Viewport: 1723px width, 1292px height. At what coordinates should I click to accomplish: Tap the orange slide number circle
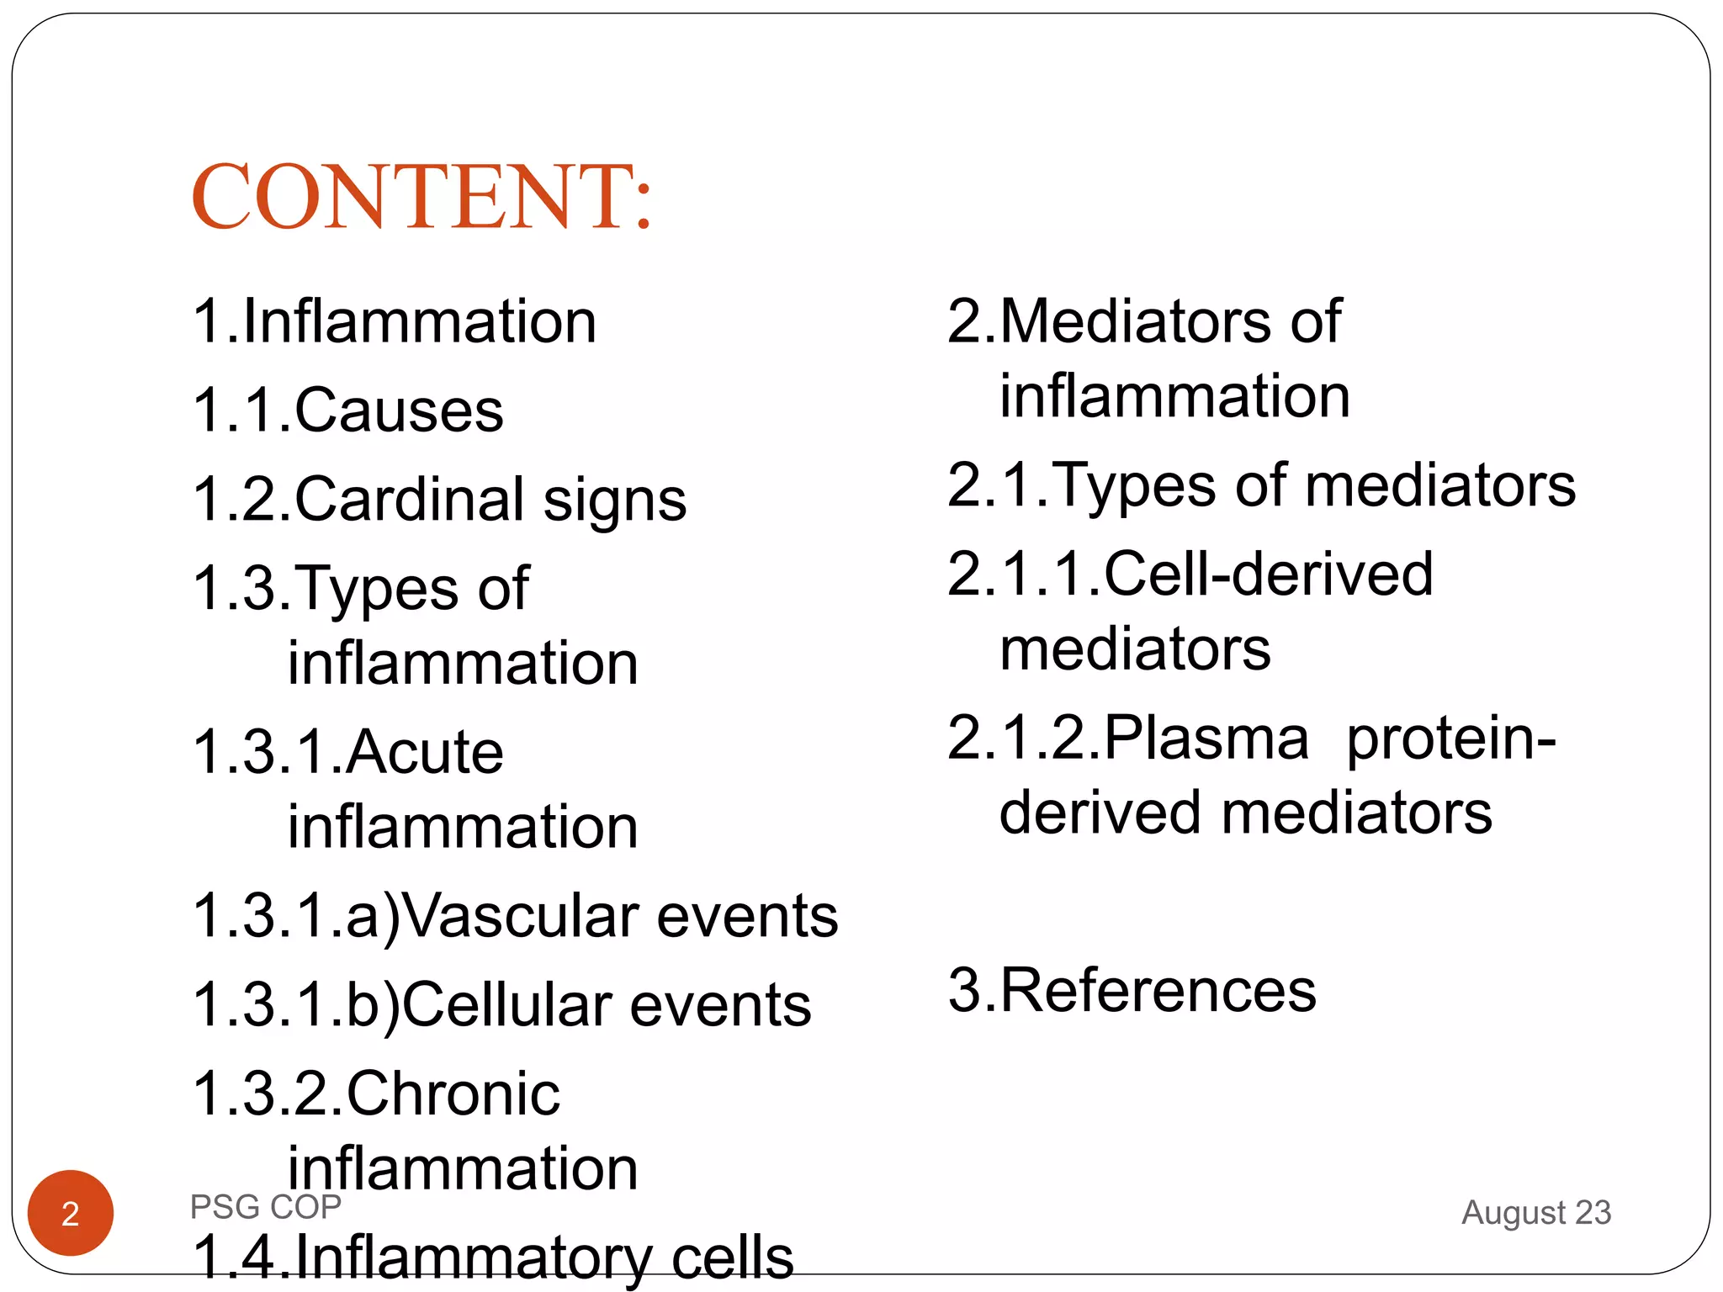(71, 1213)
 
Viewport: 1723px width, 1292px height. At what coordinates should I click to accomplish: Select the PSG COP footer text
(265, 1207)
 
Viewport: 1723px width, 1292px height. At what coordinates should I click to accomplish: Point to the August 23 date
(1535, 1212)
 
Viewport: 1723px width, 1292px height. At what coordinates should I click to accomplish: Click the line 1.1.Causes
(348, 410)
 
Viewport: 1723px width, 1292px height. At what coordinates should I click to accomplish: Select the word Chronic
(453, 1093)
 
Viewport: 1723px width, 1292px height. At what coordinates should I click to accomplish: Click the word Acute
(424, 751)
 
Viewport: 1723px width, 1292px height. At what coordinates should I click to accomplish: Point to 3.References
(1132, 990)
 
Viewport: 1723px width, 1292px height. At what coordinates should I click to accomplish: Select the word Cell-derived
(1267, 574)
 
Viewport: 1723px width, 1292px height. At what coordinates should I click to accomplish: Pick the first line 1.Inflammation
(395, 321)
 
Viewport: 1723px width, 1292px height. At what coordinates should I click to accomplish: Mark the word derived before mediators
(1099, 813)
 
